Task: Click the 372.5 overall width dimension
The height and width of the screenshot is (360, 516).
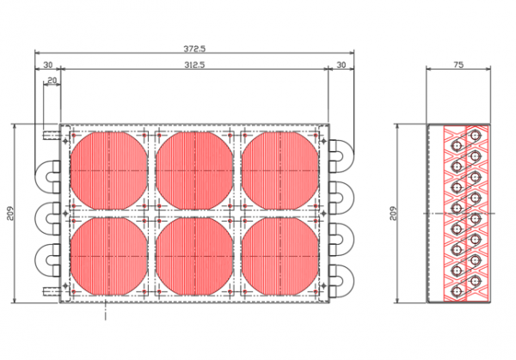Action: pyautogui.click(x=194, y=49)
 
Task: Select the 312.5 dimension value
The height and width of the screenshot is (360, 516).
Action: pyautogui.click(x=194, y=64)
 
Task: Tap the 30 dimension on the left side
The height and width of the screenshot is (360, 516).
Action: pyautogui.click(x=48, y=64)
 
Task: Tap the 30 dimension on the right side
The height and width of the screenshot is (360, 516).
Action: pyautogui.click(x=341, y=64)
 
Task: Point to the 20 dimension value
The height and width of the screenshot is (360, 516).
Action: pyautogui.click(x=52, y=80)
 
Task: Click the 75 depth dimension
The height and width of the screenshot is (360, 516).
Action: pyautogui.click(x=458, y=64)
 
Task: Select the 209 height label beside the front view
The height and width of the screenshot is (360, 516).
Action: pyautogui.click(x=11, y=213)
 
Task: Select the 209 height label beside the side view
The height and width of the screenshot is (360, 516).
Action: pyautogui.click(x=393, y=213)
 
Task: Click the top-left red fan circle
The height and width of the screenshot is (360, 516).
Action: pyautogui.click(x=109, y=171)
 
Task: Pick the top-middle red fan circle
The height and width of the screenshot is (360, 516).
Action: pyautogui.click(x=194, y=171)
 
